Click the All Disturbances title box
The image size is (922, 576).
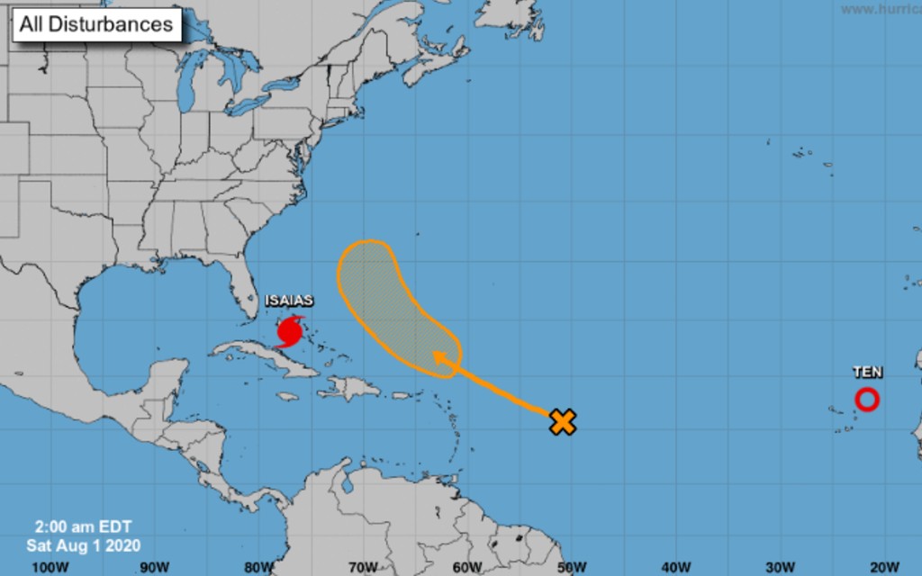tap(97, 24)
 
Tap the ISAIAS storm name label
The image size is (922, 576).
tap(289, 301)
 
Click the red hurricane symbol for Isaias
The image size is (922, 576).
tap(289, 332)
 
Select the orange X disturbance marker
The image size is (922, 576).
tap(563, 421)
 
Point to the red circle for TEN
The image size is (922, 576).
tap(867, 400)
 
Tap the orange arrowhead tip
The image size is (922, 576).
tap(437, 355)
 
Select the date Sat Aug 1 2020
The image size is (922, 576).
tap(83, 544)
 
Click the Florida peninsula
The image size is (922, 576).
tap(241, 292)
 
